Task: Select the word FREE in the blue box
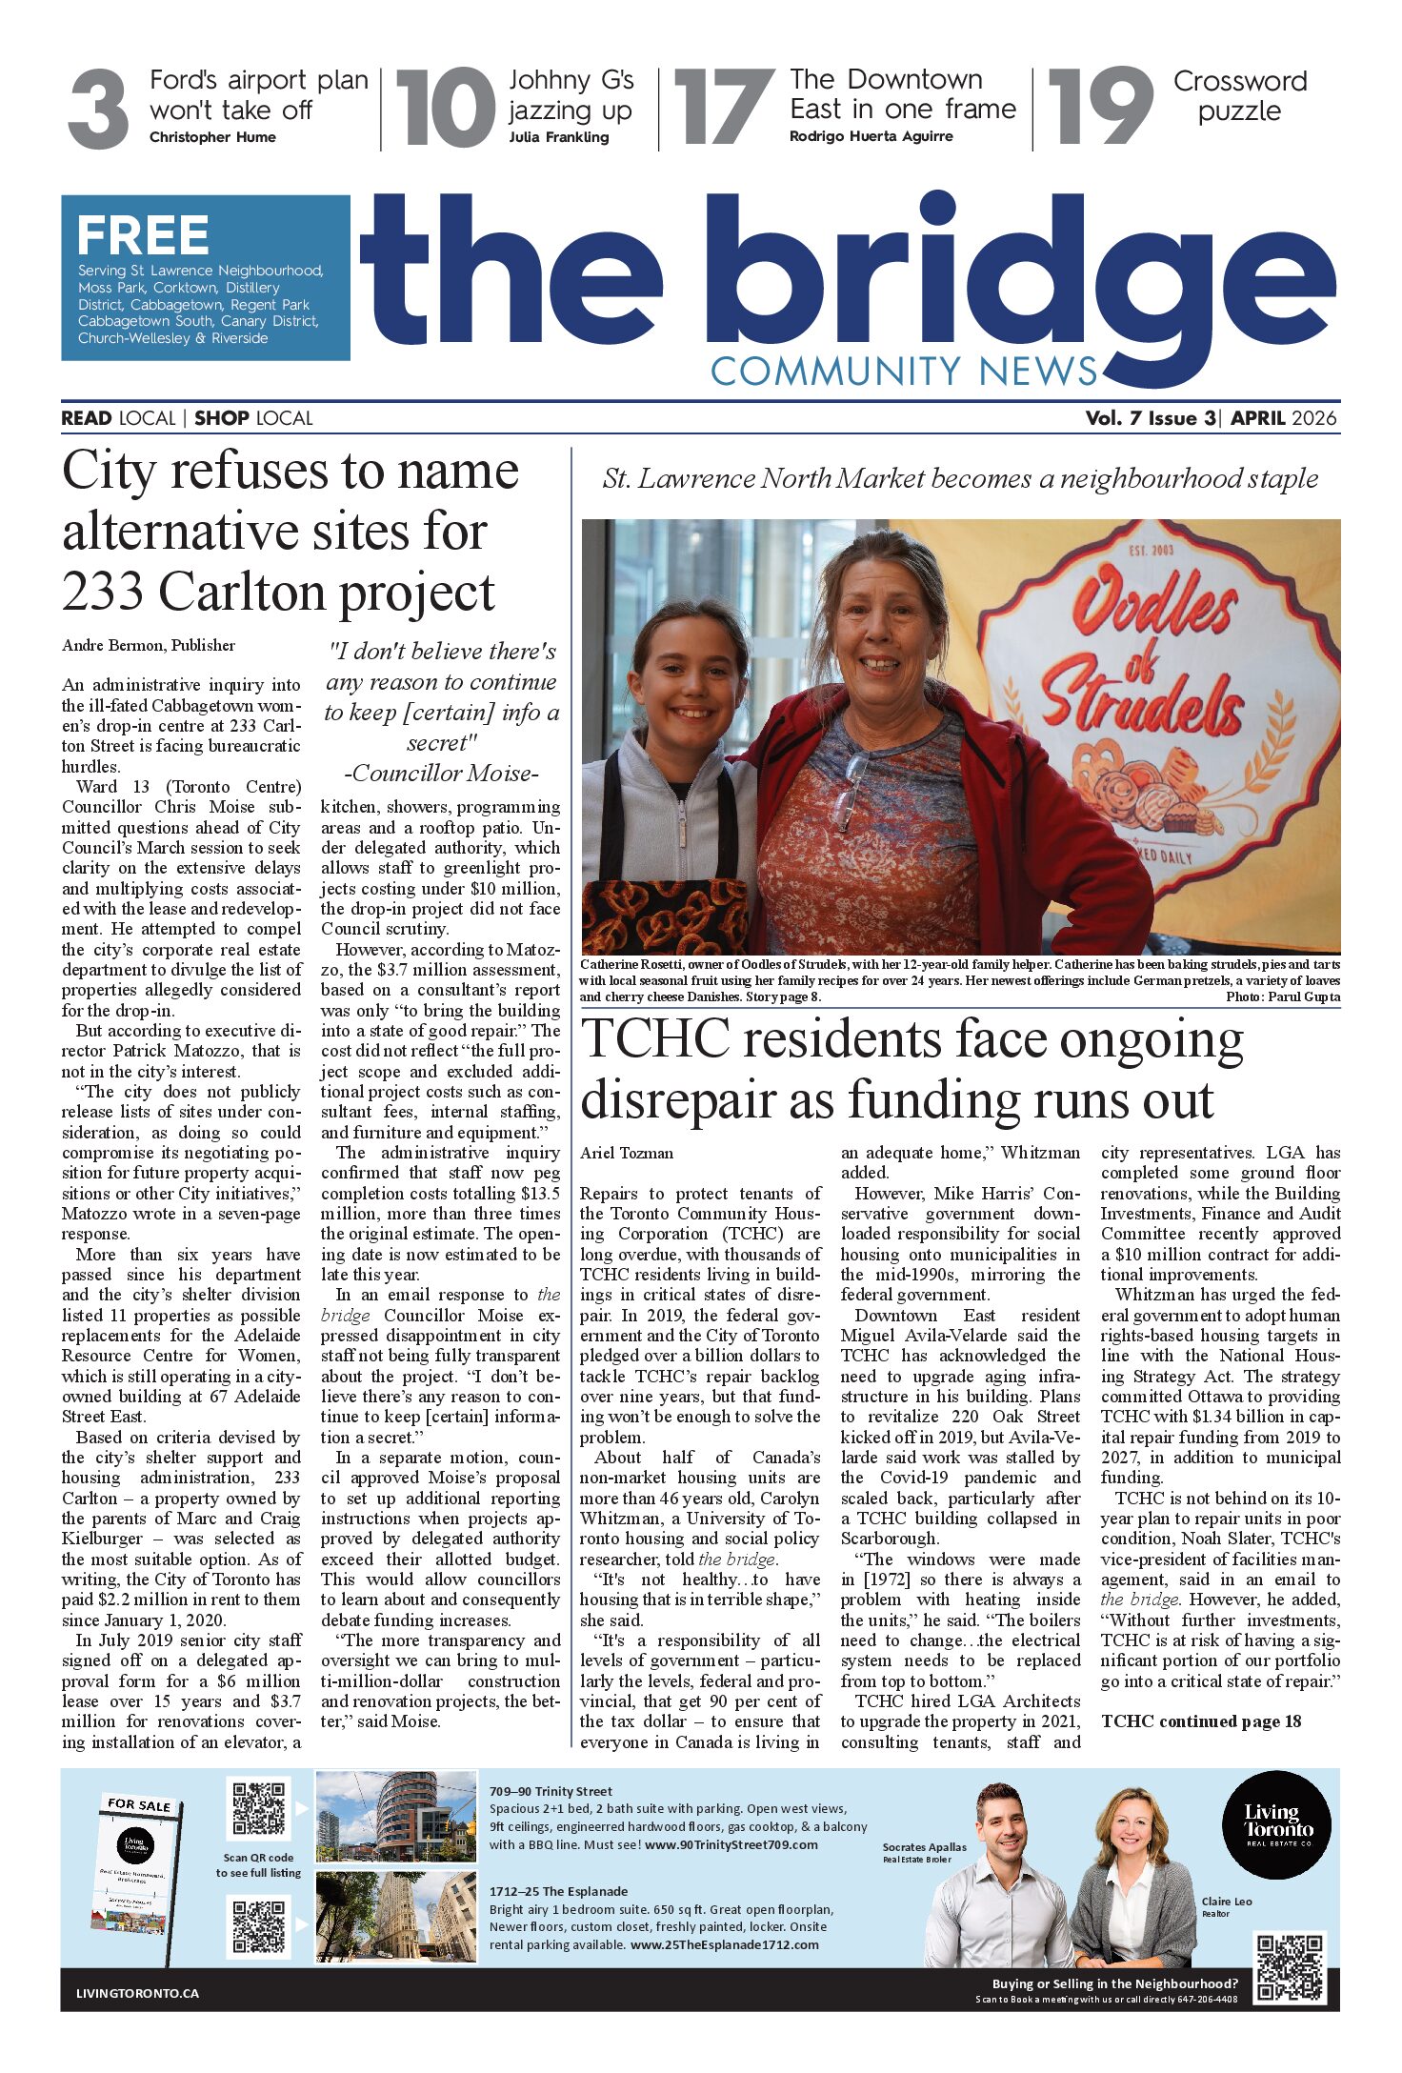[143, 235]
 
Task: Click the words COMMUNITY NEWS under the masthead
[904, 371]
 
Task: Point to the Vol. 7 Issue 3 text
[1151, 418]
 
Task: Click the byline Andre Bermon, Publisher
[149, 645]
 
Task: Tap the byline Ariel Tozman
[627, 1153]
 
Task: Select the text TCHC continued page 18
[1201, 1721]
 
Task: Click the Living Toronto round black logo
[1276, 1823]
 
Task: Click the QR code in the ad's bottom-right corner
[1290, 1967]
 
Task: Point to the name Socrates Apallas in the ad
[924, 1846]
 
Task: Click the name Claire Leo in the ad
[1227, 1901]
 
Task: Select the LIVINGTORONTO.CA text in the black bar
[138, 1993]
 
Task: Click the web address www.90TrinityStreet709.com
[731, 1844]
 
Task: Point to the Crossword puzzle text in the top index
[1239, 95]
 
